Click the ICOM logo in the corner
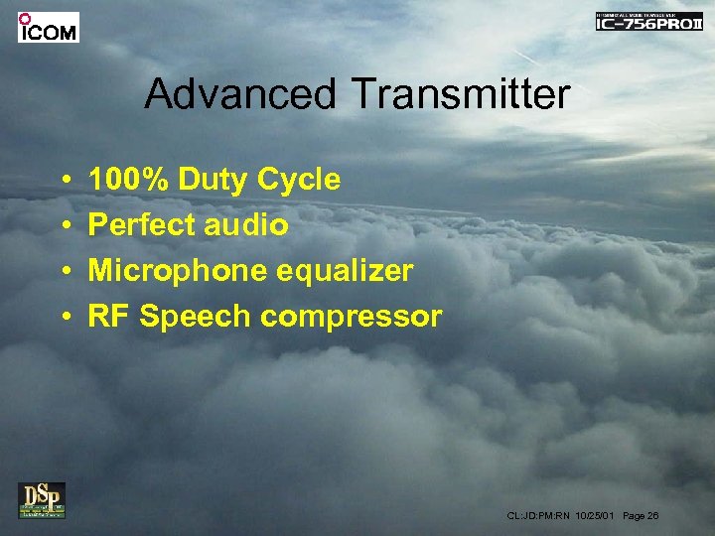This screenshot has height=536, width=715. coord(48,27)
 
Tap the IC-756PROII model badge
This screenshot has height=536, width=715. coord(648,22)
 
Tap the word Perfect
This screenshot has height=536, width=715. coord(142,225)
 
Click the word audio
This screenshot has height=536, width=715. coord(246,225)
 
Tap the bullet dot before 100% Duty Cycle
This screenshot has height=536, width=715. coord(63,181)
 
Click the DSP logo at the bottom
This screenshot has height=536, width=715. coord(42,499)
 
